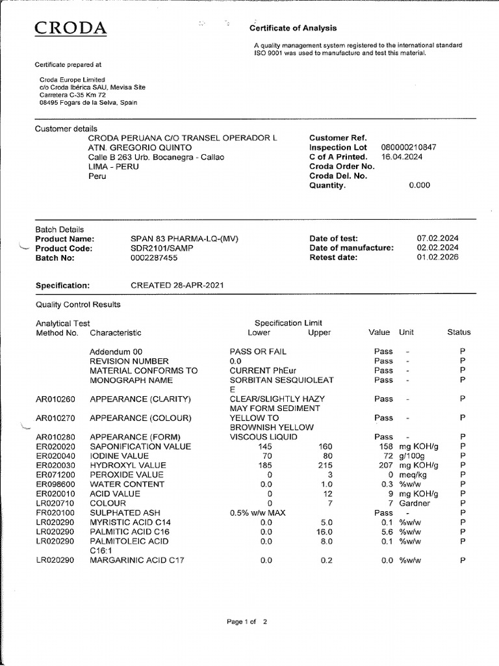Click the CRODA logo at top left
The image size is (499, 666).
[70, 28]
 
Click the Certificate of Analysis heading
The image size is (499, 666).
[293, 28]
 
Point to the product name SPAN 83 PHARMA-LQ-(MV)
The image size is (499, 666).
[185, 239]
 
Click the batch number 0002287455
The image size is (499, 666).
[153, 258]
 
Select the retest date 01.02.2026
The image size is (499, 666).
[437, 258]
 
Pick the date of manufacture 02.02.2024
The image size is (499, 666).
[437, 248]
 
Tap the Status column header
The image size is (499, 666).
[459, 332]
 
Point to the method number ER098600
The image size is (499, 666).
[55, 485]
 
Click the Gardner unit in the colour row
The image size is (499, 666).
[415, 503]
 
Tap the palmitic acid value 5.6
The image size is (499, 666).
[385, 531]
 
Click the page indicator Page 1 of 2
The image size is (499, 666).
[246, 622]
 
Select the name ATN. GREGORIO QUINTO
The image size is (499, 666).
[140, 148]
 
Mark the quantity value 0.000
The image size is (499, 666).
[419, 185]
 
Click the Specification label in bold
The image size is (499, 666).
[62, 286]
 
